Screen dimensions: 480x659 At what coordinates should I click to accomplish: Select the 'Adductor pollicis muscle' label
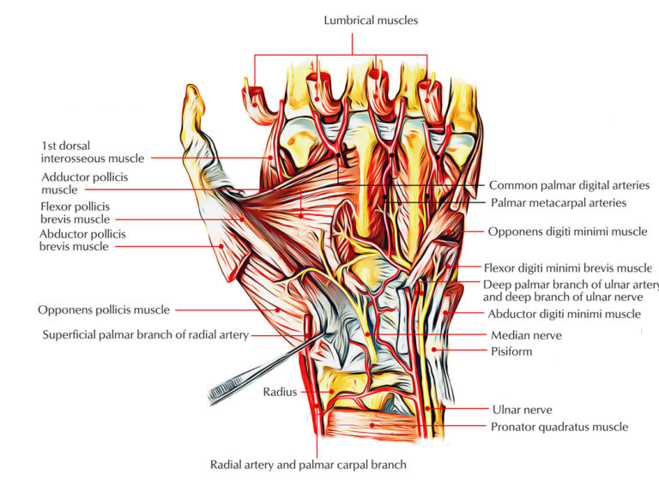[x=83, y=183]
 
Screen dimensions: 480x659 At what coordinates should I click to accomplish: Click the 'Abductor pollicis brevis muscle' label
[x=82, y=240]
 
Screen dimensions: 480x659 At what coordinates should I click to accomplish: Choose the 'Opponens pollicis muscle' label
[x=104, y=309]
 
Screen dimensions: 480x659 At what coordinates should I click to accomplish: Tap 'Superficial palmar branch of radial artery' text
[x=146, y=335]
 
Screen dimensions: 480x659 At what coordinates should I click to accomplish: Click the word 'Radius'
[x=280, y=392]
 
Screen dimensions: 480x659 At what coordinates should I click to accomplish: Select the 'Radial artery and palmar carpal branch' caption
[x=307, y=465]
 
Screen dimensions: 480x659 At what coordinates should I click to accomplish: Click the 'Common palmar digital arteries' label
[x=569, y=185]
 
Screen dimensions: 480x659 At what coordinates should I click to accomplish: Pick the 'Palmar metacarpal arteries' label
[x=558, y=203]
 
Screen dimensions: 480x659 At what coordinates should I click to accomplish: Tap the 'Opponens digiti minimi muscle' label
[x=567, y=231]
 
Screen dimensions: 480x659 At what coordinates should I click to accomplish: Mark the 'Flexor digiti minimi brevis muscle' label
[x=567, y=267]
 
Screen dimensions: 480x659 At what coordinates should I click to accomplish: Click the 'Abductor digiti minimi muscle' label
[x=565, y=314]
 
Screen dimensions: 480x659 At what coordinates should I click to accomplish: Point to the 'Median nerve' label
[x=524, y=335]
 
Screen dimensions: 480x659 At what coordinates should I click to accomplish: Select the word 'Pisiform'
[x=512, y=351]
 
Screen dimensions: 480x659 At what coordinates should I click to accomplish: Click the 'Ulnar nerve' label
[x=522, y=410]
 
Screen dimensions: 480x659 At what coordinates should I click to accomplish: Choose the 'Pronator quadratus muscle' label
[x=559, y=426]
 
